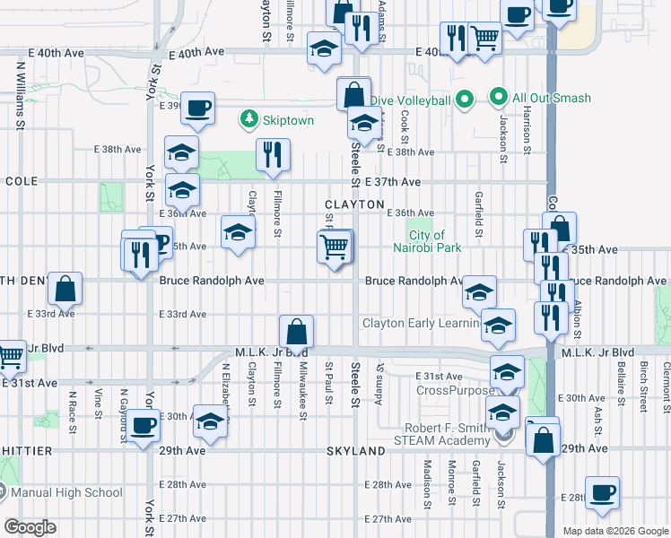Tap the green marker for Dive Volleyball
point(465,100)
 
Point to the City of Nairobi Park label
point(420,241)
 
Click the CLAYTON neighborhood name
point(354,204)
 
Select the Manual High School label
point(67,492)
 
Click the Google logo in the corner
point(30,527)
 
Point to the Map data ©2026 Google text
point(614,531)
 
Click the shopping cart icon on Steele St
point(335,246)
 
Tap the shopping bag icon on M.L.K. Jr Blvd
point(296,333)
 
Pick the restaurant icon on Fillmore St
point(273,154)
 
